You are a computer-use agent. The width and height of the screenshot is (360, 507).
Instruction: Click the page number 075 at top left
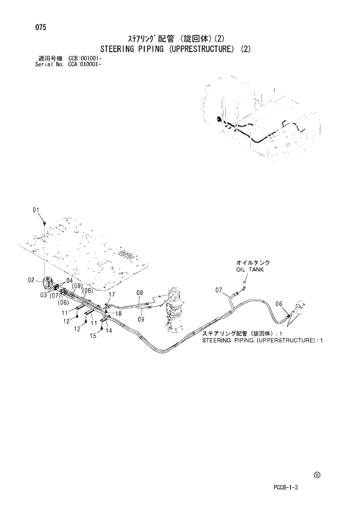(40, 27)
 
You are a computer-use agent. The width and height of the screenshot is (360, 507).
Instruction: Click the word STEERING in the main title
(120, 49)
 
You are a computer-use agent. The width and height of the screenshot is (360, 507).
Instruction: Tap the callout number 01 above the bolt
(36, 210)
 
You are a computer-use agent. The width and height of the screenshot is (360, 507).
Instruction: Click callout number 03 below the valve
(44, 295)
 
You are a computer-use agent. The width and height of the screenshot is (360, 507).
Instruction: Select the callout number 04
(70, 281)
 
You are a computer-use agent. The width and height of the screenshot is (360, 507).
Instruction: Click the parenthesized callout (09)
(76, 286)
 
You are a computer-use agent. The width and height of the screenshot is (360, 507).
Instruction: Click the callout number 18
(118, 314)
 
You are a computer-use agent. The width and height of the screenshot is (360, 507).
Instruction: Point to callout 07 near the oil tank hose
(219, 290)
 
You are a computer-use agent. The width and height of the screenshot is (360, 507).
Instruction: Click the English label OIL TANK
(250, 270)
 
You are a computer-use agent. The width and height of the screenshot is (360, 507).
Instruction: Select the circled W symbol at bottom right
(316, 474)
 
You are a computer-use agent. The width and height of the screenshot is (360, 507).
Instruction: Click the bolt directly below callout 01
(45, 222)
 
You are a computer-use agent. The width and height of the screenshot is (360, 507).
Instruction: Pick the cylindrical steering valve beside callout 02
(47, 284)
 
